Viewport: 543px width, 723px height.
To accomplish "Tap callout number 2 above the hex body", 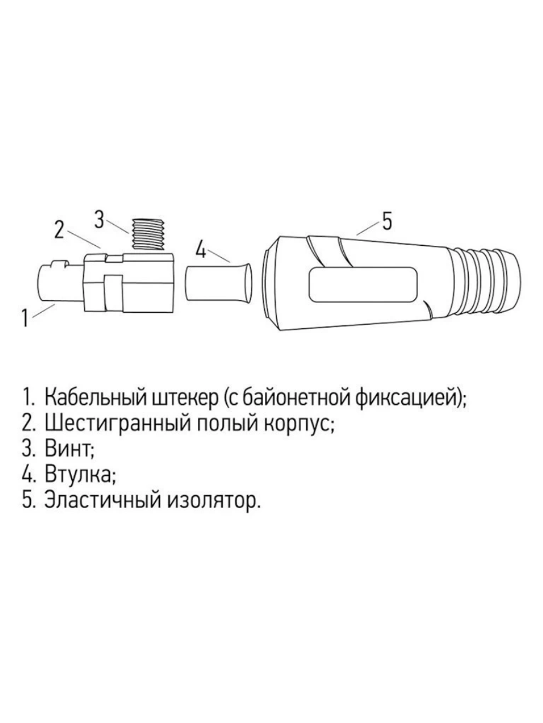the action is [59, 230].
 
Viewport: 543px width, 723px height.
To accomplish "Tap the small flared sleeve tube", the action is [218, 283].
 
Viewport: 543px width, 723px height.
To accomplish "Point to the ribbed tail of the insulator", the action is [486, 284].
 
